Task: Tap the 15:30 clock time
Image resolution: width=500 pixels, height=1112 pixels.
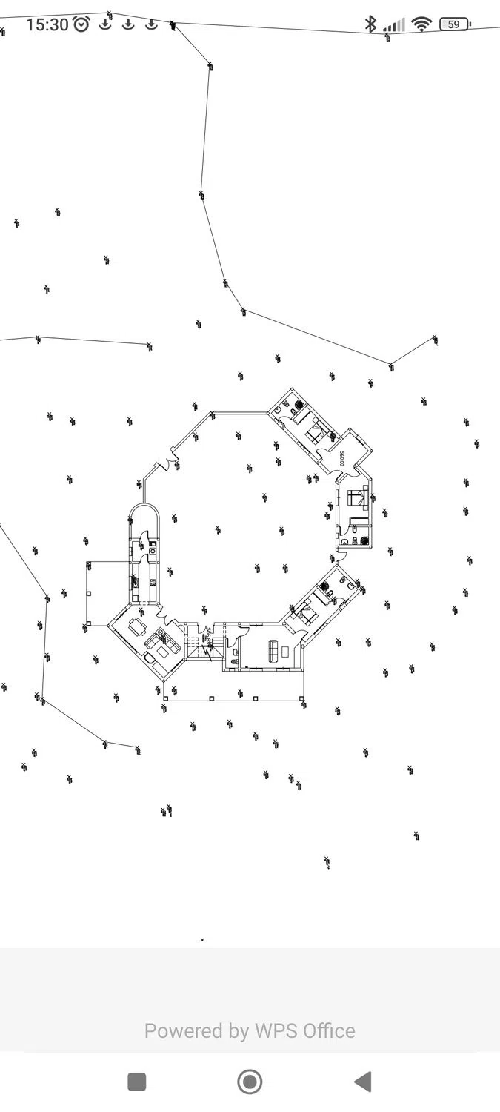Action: coord(47,24)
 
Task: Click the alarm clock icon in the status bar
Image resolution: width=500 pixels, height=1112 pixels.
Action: coord(81,24)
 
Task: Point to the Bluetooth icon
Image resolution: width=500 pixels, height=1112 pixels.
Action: coord(370,24)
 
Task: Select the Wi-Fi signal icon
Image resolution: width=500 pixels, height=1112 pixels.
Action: coord(421,24)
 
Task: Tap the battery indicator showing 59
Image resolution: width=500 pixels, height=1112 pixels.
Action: coord(454,24)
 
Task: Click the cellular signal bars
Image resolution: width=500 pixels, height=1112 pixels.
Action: coord(395,25)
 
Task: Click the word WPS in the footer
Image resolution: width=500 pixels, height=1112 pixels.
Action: coord(275,1030)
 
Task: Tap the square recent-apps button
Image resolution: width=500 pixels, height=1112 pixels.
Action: coord(137,1082)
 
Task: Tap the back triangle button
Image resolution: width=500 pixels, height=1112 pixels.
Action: coord(362,1082)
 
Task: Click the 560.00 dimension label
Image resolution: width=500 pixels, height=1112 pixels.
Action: coord(341,458)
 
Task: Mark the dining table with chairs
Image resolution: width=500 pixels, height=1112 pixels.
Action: coord(139,627)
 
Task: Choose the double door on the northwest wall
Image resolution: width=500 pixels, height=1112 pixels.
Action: coord(165,465)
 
